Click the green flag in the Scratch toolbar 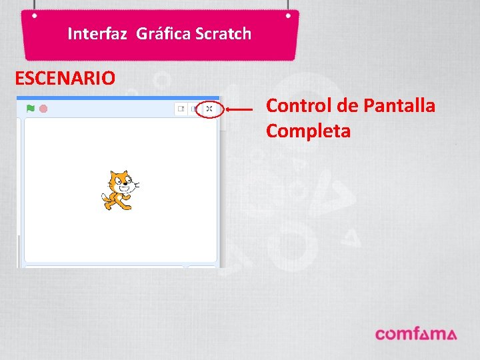click(x=30, y=108)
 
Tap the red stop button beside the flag click(x=43, y=108)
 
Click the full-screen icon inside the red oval click(x=209, y=109)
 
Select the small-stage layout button click(x=181, y=109)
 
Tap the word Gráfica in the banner click(x=164, y=33)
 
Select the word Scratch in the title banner click(x=223, y=33)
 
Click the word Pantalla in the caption click(x=400, y=105)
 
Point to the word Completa click(x=308, y=131)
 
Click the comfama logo click(x=415, y=333)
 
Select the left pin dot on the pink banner click(x=34, y=15)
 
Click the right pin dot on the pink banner click(x=288, y=15)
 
